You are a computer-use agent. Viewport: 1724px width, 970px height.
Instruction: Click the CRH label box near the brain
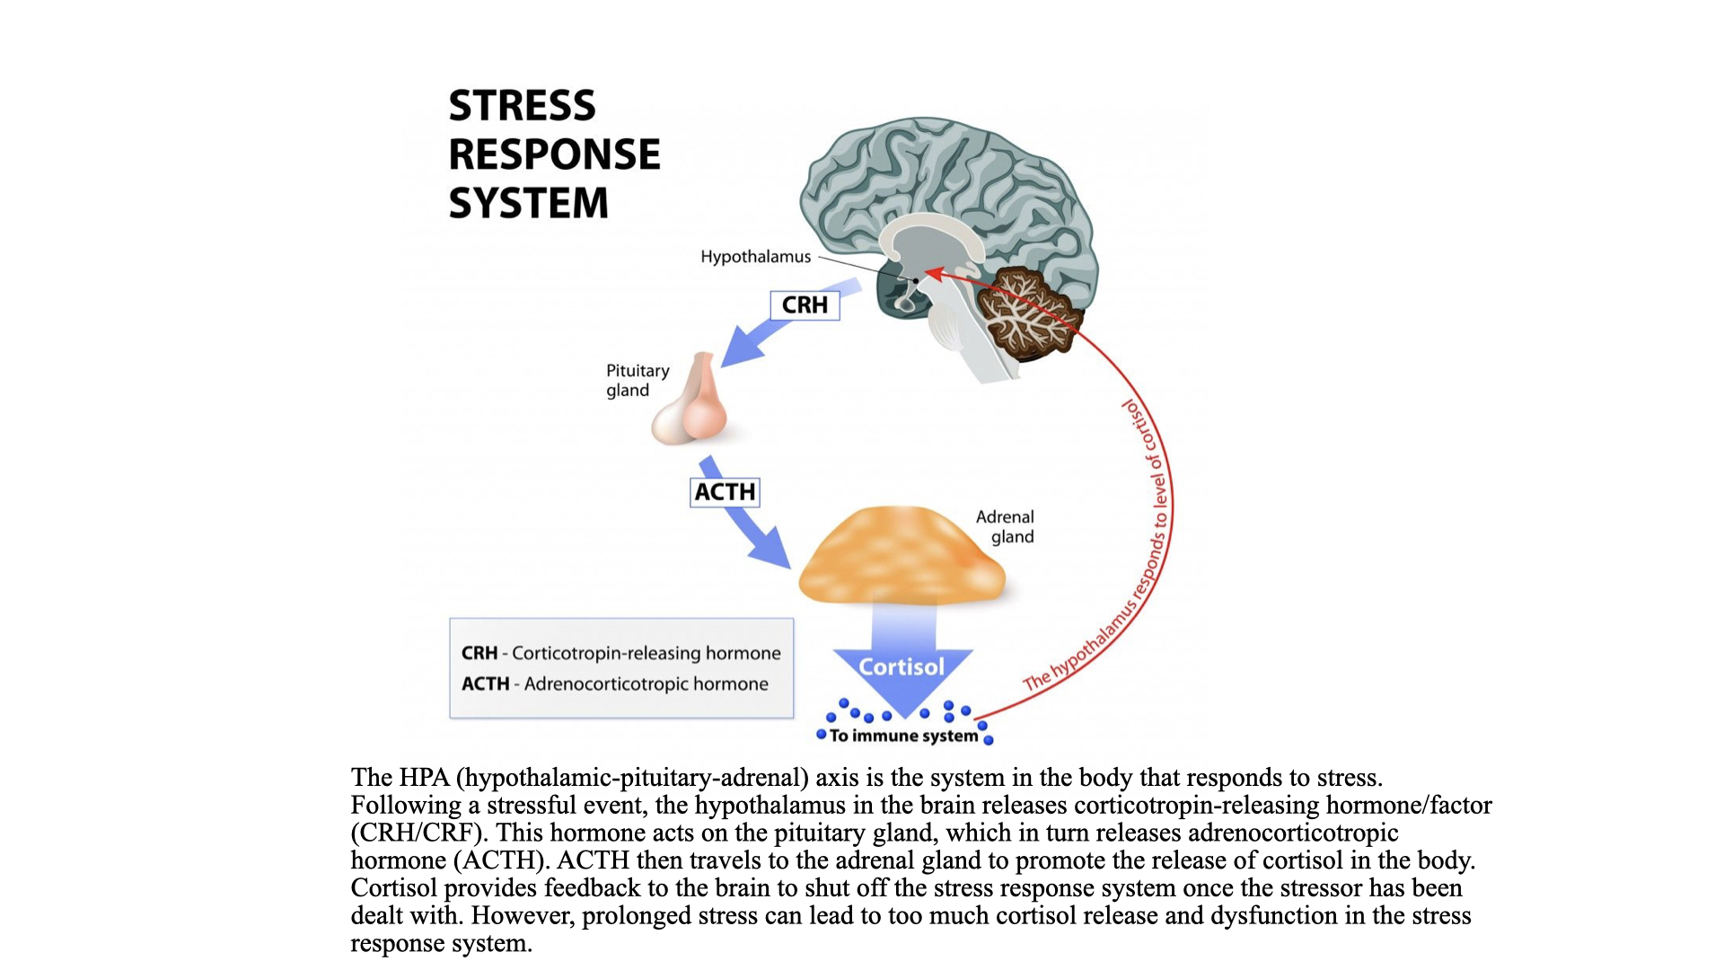(805, 305)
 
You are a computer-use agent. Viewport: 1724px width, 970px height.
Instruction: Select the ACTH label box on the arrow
(725, 492)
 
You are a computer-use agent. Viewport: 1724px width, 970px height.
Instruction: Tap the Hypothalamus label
(755, 257)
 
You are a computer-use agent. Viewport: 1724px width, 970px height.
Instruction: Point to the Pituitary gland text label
(637, 381)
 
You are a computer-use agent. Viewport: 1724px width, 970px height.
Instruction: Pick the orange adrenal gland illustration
(902, 557)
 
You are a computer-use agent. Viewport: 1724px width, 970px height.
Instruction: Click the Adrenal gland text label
(1007, 527)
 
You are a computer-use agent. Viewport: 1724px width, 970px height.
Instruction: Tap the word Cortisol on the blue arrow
(902, 667)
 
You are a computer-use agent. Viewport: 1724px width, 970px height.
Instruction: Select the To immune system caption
(903, 736)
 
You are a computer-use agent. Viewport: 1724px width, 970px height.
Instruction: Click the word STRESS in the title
(522, 106)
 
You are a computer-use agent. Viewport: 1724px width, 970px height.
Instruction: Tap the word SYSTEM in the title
(528, 203)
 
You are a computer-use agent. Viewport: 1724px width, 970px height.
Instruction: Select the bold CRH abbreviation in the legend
(479, 654)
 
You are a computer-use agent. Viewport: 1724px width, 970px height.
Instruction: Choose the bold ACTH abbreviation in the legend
(485, 684)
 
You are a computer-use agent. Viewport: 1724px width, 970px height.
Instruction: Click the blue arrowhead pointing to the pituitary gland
(740, 348)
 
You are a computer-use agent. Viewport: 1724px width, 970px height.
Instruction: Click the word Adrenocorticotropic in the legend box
(606, 684)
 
